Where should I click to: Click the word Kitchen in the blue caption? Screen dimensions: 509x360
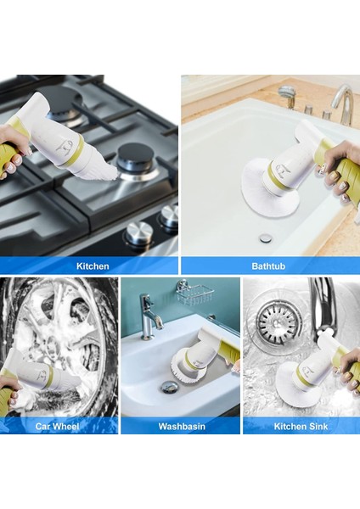click(93, 266)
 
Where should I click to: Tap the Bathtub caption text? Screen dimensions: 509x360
click(269, 266)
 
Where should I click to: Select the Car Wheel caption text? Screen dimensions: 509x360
click(59, 426)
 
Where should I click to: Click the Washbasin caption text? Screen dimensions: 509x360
click(182, 426)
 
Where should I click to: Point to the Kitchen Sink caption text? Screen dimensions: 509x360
click(302, 426)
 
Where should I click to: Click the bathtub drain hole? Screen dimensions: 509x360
click(266, 238)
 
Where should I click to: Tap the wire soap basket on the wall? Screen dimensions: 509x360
click(194, 295)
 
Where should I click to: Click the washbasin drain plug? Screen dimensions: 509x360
click(170, 387)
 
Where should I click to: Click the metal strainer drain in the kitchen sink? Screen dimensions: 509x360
click(276, 322)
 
